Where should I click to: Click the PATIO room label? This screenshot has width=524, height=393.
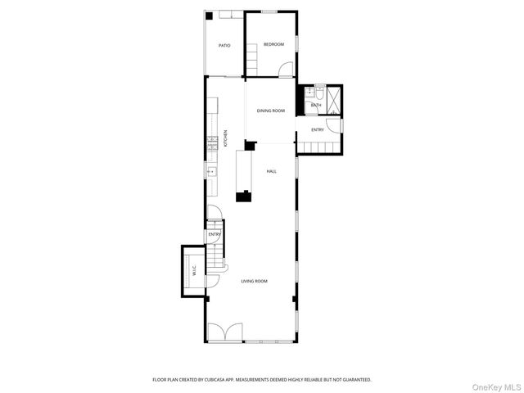pos(224,45)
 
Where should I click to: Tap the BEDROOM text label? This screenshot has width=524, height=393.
pos(273,44)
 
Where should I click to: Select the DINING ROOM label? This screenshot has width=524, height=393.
pos(271,111)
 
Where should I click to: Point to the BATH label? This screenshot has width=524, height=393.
pos(315,106)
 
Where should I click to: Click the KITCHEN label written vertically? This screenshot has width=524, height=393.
pos(226,137)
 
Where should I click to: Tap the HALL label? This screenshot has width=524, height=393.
pos(271,171)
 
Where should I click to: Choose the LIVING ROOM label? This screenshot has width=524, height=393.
pos(254,281)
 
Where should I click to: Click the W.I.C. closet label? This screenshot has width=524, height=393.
pos(194,270)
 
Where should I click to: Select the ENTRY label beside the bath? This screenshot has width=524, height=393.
pos(318,129)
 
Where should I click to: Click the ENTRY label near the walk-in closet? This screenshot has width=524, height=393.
pos(215,235)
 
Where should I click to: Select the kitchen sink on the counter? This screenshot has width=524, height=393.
pos(211,171)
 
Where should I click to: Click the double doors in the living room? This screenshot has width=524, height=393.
pos(224,332)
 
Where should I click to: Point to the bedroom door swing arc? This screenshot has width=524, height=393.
pos(285,72)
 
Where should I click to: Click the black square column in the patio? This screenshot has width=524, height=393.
pos(210,16)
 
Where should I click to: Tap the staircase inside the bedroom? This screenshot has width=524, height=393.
pos(253,58)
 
